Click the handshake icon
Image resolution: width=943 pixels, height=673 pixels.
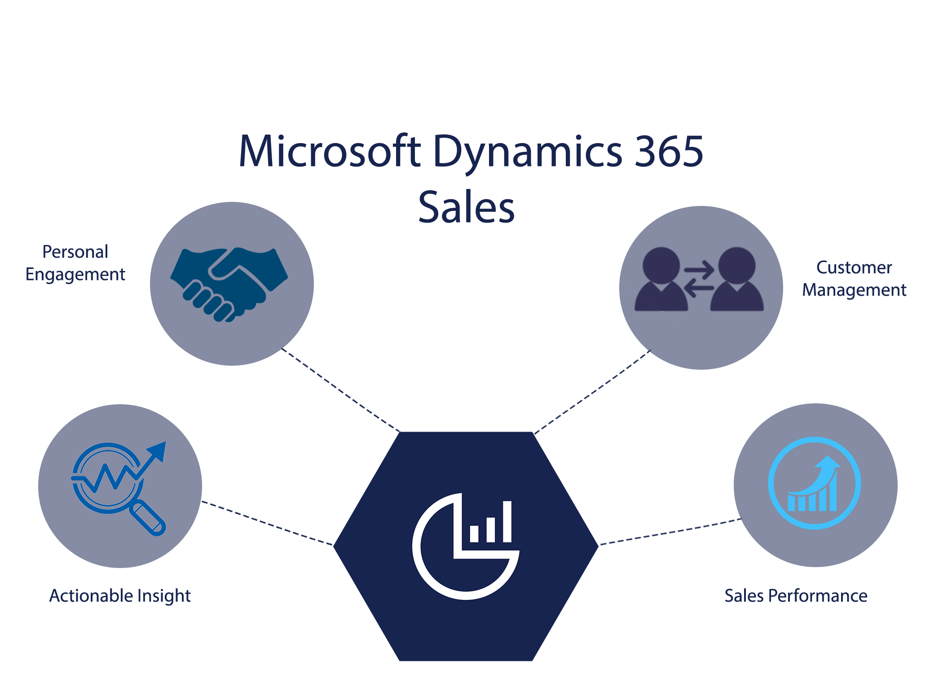coord(229,283)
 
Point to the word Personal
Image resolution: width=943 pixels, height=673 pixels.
coord(75,252)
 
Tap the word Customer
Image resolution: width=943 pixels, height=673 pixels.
coord(854,268)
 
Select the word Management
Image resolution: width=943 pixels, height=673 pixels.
coord(854,290)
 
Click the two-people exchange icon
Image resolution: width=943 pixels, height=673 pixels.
coord(699,279)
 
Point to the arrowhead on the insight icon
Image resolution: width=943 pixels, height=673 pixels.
coord(159,450)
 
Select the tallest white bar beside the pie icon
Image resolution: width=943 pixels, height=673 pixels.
coord(507,522)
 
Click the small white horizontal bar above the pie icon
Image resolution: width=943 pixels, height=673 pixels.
coord(483,424)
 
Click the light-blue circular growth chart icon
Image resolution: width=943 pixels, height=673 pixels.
coord(814,483)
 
